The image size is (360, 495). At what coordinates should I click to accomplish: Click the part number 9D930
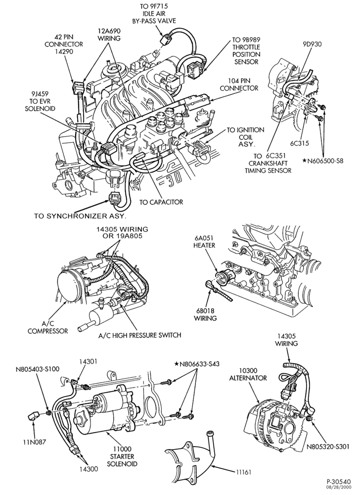[x=312, y=44]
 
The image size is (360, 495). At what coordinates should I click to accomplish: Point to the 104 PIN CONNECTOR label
[x=239, y=84]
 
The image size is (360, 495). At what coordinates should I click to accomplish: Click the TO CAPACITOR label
[x=161, y=202]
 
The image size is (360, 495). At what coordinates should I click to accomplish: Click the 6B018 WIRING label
[x=205, y=314]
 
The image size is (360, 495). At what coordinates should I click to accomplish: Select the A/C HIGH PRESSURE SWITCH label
[x=139, y=335]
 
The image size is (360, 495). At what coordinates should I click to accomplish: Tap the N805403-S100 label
[x=38, y=368]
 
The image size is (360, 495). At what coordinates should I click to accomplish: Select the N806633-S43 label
[x=197, y=364]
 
